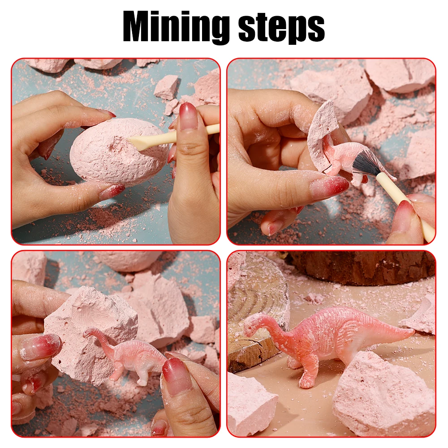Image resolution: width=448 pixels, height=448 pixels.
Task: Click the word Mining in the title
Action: coord(176,27)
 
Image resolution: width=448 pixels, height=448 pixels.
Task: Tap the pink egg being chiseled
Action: coord(120,151)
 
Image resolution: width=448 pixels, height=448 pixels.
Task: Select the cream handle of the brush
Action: coord(406,206)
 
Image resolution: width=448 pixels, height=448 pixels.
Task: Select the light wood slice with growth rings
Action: coord(257,314)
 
